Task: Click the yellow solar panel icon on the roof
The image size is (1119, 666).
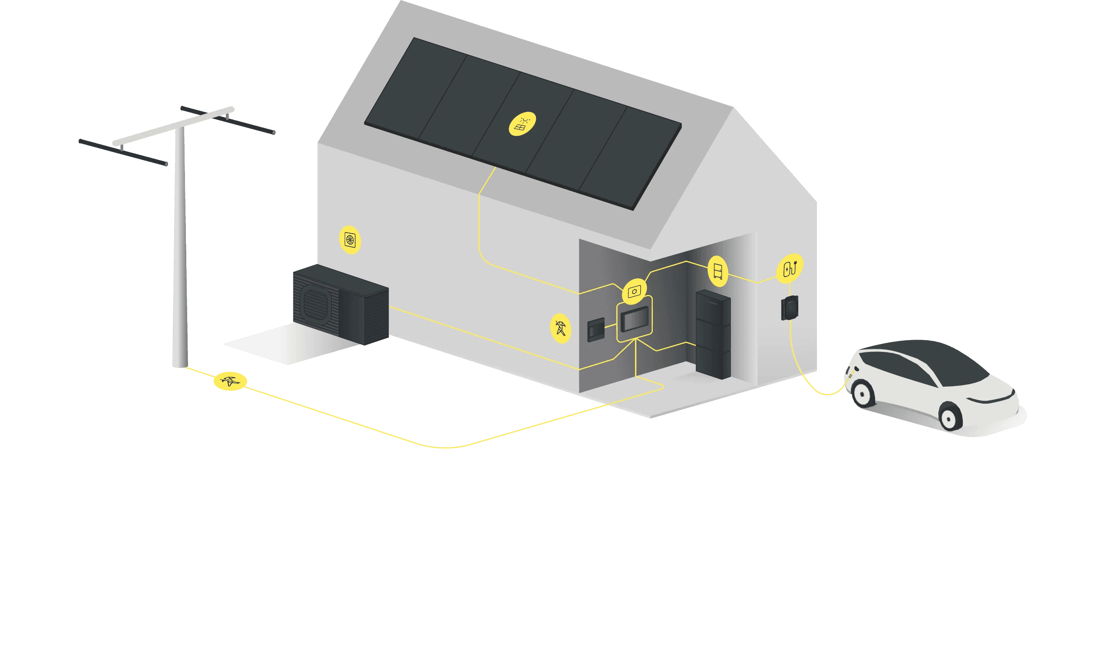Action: click(522, 124)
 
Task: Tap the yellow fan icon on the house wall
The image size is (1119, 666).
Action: click(350, 240)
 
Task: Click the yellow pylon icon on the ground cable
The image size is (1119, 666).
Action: click(230, 382)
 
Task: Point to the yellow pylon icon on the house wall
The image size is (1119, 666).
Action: click(561, 328)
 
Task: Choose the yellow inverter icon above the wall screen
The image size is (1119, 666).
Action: click(634, 291)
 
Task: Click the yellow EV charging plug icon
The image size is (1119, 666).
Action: click(790, 269)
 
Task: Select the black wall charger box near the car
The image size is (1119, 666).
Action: click(789, 308)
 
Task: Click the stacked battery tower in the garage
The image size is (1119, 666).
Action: click(713, 335)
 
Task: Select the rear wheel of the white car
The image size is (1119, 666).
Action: click(861, 394)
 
